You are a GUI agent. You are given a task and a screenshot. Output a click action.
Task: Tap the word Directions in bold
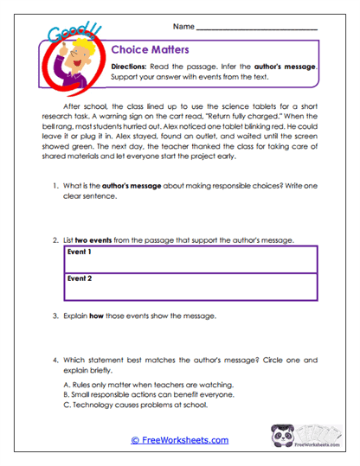(135, 66)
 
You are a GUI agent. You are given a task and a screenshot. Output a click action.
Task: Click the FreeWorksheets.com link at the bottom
(180, 440)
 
